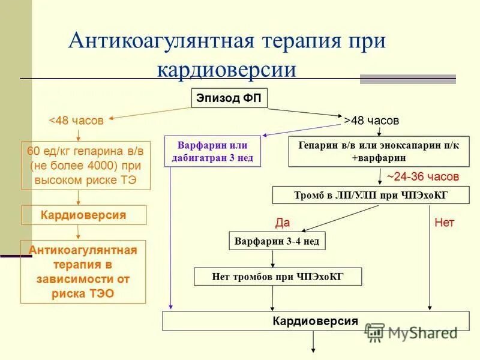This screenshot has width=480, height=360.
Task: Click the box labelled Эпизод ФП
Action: pyautogui.click(x=229, y=99)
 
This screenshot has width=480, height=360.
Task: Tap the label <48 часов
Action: pyautogui.click(x=76, y=121)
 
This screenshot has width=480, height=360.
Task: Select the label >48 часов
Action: pyautogui.click(x=371, y=120)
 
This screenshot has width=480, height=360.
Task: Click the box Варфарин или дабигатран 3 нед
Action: pyautogui.click(x=212, y=152)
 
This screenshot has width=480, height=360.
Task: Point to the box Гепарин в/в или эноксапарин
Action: pyautogui.click(x=379, y=152)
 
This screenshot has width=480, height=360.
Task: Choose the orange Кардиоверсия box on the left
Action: pyautogui.click(x=83, y=215)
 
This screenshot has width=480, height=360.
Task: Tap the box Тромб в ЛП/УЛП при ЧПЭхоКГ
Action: pyautogui.click(x=371, y=196)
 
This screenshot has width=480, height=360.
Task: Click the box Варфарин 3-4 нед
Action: pyautogui.click(x=278, y=241)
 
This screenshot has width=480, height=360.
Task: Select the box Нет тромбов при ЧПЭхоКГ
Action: pyautogui.click(x=278, y=277)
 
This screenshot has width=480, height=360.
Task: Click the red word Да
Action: pyautogui.click(x=282, y=223)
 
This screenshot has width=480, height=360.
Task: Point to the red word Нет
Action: pyautogui.click(x=445, y=223)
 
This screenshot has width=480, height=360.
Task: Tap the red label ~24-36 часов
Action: pyautogui.click(x=422, y=177)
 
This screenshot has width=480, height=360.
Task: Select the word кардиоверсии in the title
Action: pyautogui.click(x=226, y=68)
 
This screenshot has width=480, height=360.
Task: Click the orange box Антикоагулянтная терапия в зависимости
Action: pyautogui.click(x=83, y=271)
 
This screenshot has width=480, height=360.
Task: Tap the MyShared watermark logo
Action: pyautogui.click(x=412, y=332)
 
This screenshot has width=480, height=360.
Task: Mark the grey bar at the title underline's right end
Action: pyautogui.click(x=407, y=79)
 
